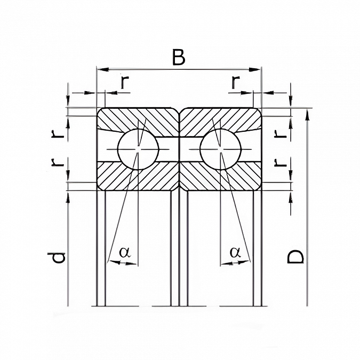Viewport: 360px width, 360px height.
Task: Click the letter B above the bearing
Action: coord(178,57)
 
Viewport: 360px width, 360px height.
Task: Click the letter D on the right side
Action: coord(295,256)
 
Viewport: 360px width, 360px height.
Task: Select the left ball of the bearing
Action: coord(138,149)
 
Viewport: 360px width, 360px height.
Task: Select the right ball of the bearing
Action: coord(221,149)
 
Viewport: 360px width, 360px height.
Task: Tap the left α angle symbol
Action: coord(125,252)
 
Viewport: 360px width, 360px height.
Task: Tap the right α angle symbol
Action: coord(235,252)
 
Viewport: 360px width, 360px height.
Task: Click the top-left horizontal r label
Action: coord(124,82)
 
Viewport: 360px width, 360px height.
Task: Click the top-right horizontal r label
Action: coord(236,82)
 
